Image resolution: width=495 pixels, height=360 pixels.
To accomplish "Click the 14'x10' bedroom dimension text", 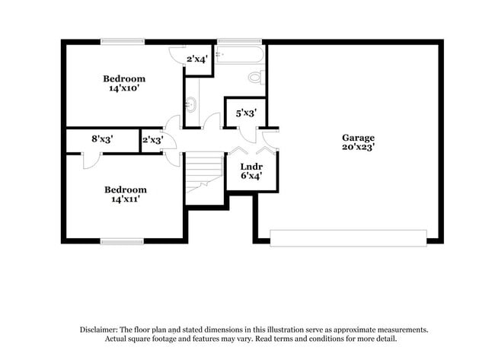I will (124, 88).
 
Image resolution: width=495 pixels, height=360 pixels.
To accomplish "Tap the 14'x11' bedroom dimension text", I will (124, 199).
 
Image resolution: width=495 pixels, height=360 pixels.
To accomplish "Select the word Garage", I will (357, 138).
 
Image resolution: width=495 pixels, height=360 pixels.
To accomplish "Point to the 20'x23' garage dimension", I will (357, 148).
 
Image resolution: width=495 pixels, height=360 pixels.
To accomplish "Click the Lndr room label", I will (251, 166).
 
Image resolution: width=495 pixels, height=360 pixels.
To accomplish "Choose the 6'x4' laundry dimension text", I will (251, 176).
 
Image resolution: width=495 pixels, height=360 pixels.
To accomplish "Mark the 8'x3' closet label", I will (103, 140).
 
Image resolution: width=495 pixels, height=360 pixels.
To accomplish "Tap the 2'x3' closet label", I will (152, 140).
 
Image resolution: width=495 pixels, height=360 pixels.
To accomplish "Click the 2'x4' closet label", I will (197, 59).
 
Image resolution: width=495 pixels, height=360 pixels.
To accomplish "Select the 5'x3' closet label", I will (245, 113).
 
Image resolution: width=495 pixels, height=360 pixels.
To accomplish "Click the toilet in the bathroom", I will (256, 77).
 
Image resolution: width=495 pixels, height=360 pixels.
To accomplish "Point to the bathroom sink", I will (190, 104).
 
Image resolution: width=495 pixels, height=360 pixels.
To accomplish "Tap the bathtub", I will (239, 54).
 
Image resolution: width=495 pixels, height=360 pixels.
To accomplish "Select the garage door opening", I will (348, 237).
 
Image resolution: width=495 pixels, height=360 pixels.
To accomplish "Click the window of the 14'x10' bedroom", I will (123, 41).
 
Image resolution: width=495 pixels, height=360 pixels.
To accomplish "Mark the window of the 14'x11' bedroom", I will (122, 241).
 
